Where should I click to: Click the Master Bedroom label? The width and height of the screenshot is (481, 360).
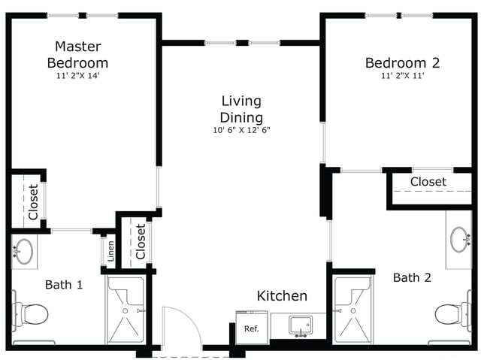tap(77, 55)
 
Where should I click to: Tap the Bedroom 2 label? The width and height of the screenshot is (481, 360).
tap(403, 63)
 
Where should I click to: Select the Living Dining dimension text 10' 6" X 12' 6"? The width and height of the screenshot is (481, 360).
tap(241, 130)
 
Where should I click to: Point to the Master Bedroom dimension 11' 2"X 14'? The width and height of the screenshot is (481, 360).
tap(78, 75)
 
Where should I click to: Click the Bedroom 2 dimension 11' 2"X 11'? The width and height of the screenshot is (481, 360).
tap(403, 75)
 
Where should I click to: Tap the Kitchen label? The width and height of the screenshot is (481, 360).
tap(282, 296)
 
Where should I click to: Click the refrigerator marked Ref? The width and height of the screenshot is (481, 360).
tap(252, 327)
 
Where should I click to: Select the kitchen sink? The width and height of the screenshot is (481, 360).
tap(301, 325)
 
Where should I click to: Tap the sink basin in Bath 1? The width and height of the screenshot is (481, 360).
tap(24, 252)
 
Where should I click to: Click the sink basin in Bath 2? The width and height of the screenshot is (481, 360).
tap(459, 240)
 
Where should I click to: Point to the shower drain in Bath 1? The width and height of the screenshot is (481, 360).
tap(126, 311)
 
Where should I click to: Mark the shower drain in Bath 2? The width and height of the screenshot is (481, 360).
tap(353, 311)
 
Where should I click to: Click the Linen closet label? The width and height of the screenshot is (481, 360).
tap(110, 251)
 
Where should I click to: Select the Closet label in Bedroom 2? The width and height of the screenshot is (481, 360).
tap(428, 182)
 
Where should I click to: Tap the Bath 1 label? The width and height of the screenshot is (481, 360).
tap(64, 285)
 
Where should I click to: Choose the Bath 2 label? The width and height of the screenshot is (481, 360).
tap(412, 278)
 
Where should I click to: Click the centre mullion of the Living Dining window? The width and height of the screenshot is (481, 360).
tap(242, 43)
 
